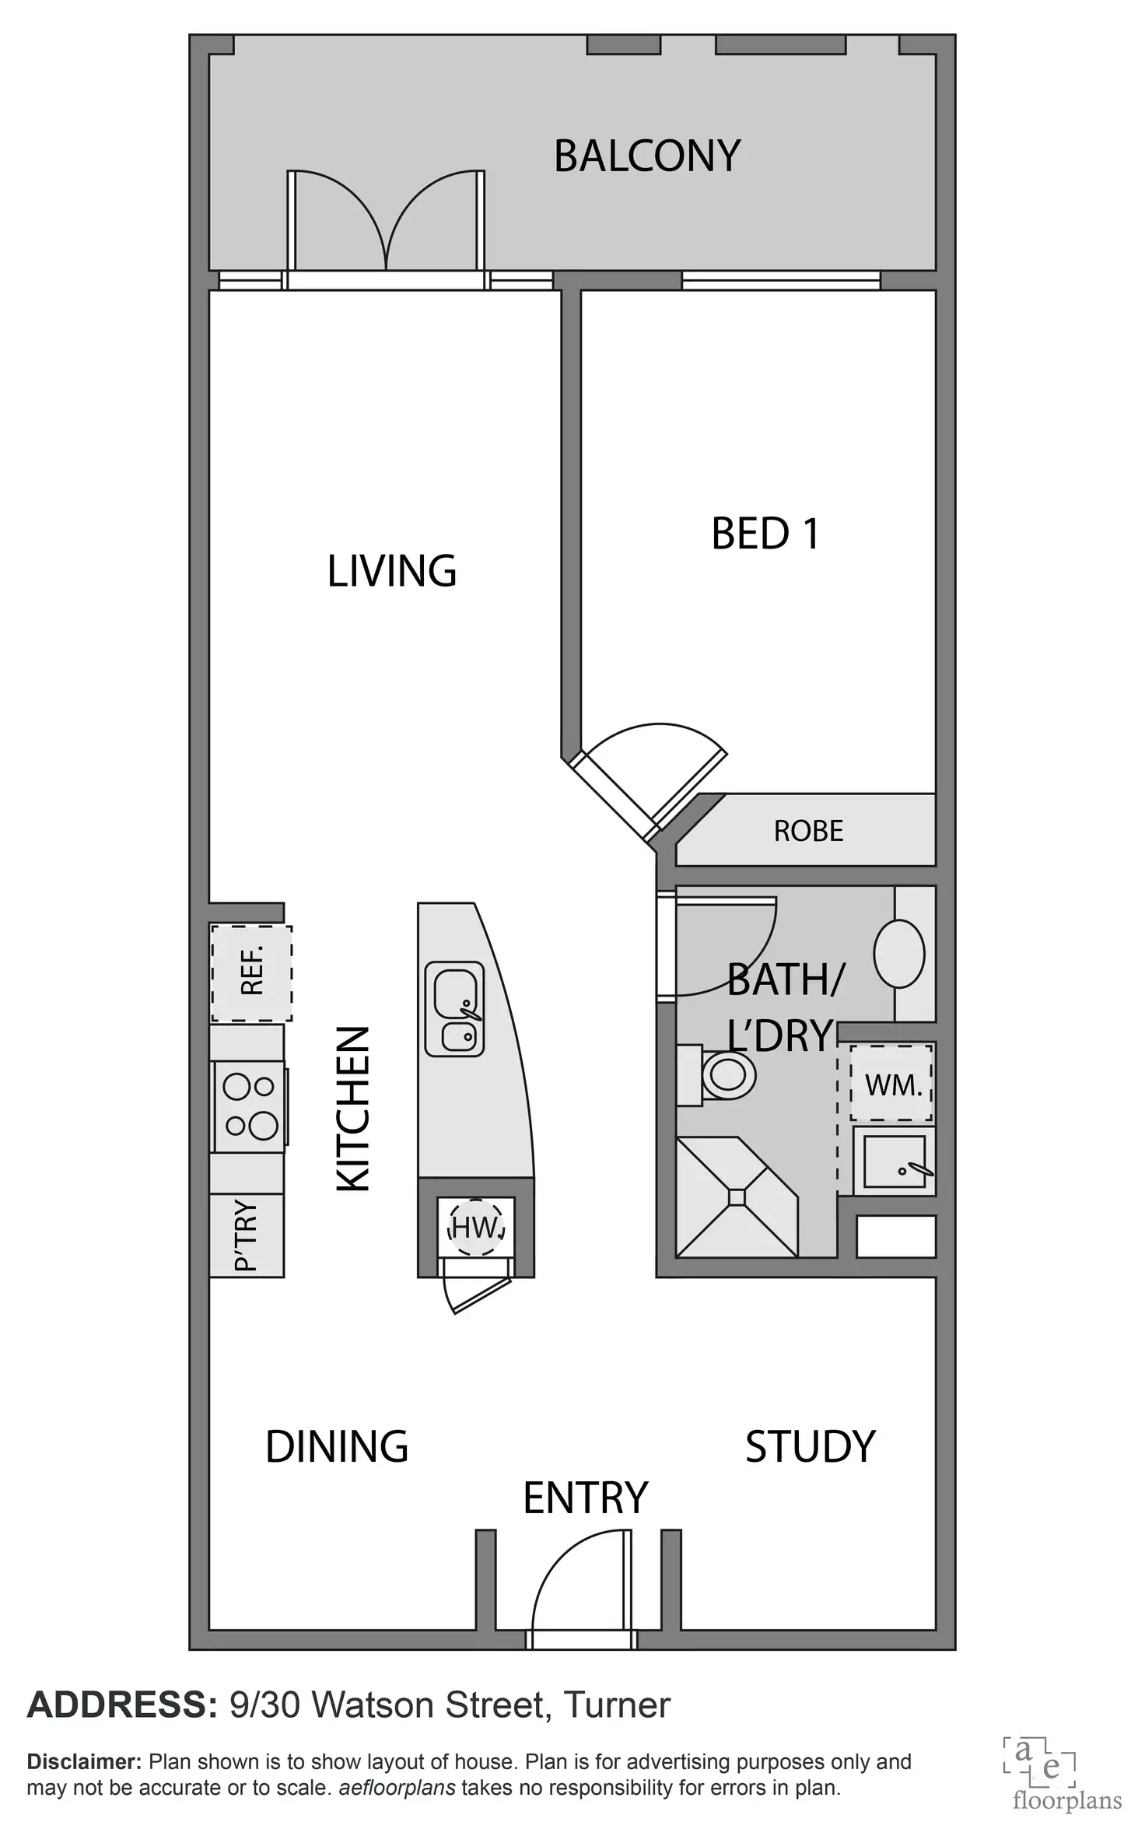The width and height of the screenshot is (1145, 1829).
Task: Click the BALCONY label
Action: (x=646, y=156)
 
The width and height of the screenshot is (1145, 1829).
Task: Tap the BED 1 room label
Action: (x=765, y=534)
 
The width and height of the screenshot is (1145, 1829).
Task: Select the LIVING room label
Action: (x=391, y=571)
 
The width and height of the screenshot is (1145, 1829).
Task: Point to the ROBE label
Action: (x=808, y=831)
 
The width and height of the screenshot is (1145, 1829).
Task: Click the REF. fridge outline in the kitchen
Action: (x=251, y=972)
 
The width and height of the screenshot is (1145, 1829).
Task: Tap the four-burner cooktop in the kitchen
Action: (x=249, y=1105)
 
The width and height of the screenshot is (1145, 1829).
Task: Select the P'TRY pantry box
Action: (x=246, y=1235)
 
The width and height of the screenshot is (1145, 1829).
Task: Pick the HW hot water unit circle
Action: (x=476, y=1228)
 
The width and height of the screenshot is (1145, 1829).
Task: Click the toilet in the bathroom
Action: (x=727, y=1076)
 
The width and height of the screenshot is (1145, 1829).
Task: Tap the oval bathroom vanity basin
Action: (x=899, y=953)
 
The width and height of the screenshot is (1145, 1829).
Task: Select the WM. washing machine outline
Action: (x=891, y=1084)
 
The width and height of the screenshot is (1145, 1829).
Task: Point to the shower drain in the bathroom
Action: (x=737, y=1197)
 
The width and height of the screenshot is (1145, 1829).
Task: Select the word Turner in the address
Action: (x=616, y=1705)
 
